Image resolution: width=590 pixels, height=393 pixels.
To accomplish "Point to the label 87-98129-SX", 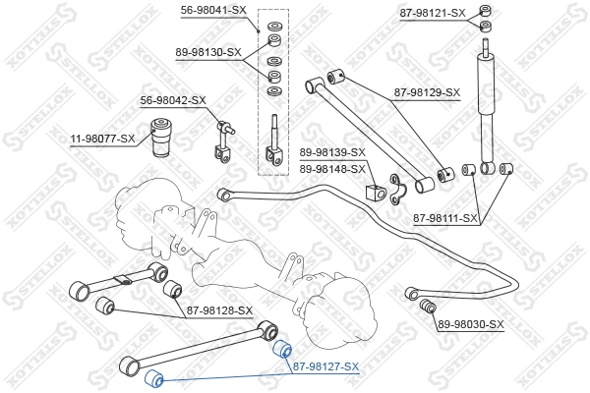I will tap(428, 92).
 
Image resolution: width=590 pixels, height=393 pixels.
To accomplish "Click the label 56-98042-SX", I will tap(172, 100).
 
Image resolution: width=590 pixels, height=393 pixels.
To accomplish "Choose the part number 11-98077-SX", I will tap(102, 140).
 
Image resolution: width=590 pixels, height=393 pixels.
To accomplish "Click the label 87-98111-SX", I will tap(445, 218).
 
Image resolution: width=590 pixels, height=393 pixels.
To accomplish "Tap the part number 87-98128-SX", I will tap(219, 311).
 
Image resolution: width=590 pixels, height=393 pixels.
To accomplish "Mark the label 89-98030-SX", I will tap(470, 324).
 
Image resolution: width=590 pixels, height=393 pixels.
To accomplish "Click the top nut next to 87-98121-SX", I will tap(484, 11).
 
